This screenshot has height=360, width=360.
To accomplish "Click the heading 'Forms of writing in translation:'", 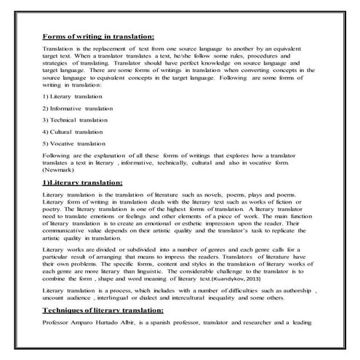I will pos(99,35).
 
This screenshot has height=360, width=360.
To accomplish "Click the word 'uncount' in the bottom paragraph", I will pos(55,298).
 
